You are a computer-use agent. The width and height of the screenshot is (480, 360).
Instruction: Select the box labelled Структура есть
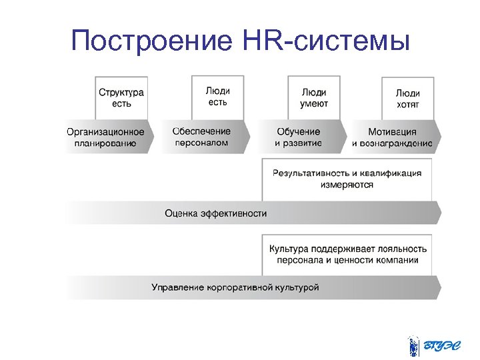(121, 98)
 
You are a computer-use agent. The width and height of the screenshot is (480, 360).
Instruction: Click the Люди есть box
(217, 97)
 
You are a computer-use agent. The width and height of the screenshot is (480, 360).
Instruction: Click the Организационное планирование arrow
(106, 137)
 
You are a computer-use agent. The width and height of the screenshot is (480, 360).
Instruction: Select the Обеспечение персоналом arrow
(201, 137)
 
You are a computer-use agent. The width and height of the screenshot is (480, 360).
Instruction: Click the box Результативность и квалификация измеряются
(347, 179)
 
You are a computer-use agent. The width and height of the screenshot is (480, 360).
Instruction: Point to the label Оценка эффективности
(216, 213)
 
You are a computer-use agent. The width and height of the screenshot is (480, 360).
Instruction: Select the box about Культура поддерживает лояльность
(347, 254)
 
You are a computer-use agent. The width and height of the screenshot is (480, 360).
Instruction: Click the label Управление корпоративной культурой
(235, 287)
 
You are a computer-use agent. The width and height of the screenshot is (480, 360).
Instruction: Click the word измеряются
(347, 185)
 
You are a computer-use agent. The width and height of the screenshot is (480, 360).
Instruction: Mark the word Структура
(121, 92)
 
